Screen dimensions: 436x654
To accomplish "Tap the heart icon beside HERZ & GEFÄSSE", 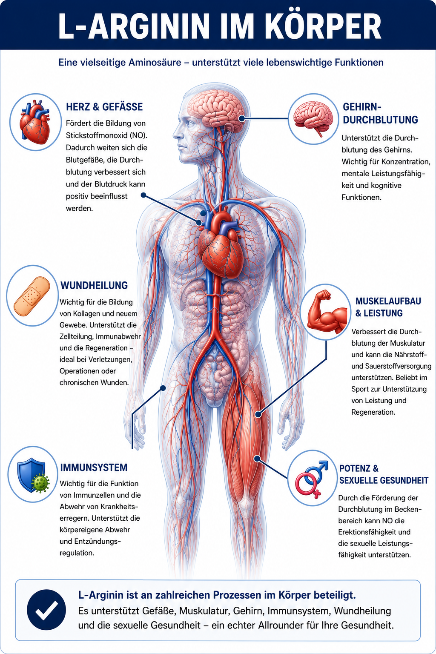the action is (x=35, y=122).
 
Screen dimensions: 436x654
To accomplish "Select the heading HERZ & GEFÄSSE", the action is (x=104, y=107).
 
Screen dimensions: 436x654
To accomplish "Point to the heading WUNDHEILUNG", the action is (x=94, y=285).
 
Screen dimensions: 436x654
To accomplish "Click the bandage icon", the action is (x=32, y=296).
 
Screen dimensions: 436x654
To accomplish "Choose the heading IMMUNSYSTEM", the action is (x=94, y=468).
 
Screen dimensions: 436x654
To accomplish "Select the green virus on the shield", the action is (x=40, y=482).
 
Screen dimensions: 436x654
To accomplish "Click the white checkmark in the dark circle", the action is (x=46, y=610).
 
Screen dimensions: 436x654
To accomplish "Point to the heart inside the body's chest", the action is (x=221, y=245).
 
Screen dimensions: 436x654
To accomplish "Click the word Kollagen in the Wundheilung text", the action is (x=87, y=313).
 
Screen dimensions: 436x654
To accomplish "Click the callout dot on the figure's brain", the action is (x=241, y=118).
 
